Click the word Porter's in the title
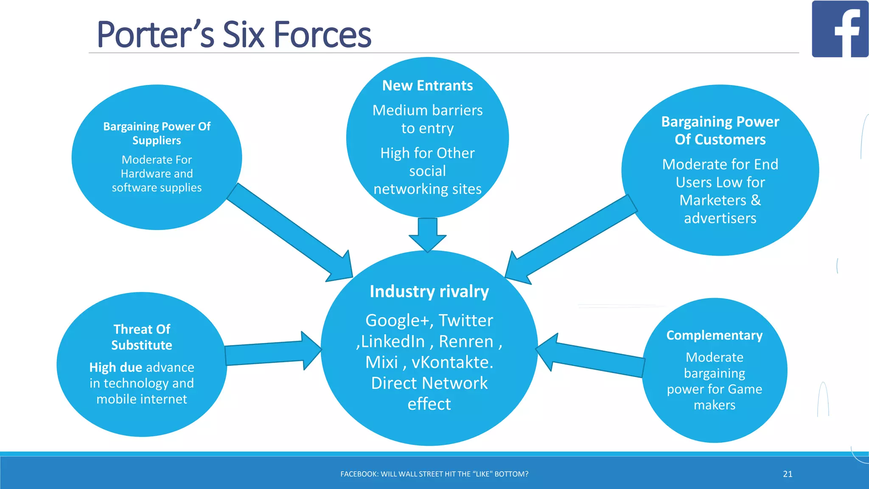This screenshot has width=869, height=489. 155,35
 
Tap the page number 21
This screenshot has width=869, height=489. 788,474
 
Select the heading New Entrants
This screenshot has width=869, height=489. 427,86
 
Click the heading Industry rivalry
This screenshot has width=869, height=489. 429,292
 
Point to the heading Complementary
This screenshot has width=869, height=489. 714,335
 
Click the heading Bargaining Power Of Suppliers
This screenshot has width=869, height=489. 157,133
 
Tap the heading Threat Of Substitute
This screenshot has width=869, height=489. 142,337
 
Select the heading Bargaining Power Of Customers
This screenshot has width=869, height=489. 720,130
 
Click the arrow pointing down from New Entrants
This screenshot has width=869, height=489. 427,235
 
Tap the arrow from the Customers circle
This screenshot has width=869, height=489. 569,242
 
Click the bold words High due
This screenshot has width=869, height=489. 115,367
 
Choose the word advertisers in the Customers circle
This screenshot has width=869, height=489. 720,218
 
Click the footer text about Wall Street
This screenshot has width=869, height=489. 434,474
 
